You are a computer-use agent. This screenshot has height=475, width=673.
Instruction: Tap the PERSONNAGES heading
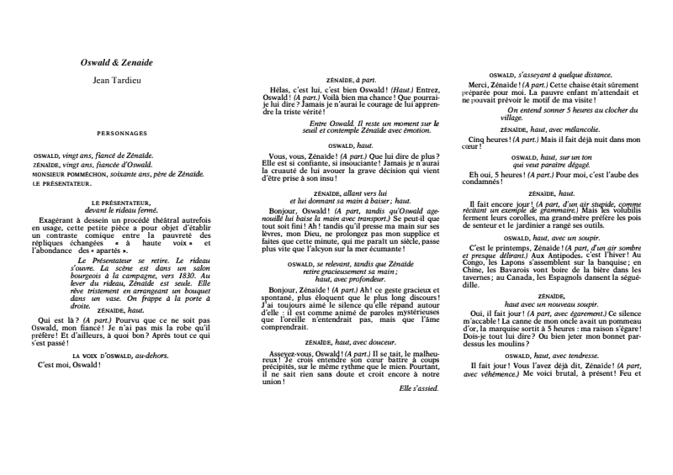click(122, 133)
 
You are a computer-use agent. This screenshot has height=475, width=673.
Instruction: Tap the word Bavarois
click(515, 267)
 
